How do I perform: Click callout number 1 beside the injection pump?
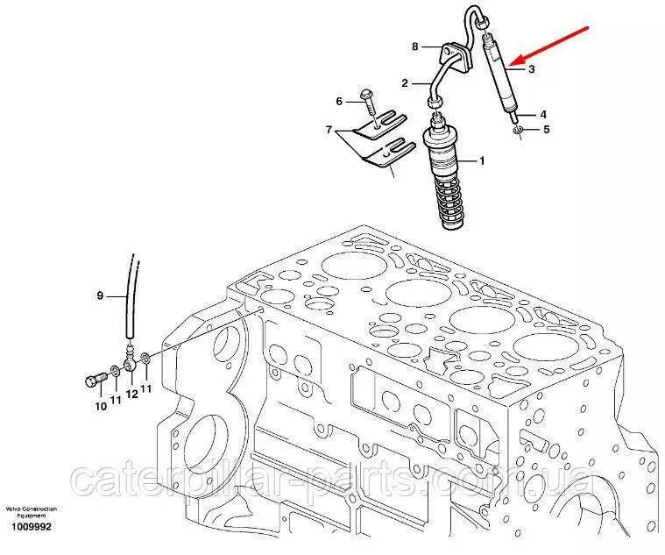tap(481, 160)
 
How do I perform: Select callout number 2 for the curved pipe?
tap(406, 83)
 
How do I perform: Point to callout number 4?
tap(543, 114)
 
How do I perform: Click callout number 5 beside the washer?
tap(546, 130)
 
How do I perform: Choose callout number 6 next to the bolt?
tap(338, 101)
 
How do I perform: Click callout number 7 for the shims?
tap(329, 131)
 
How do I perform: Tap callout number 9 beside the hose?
tap(100, 296)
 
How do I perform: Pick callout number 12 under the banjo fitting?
tap(131, 394)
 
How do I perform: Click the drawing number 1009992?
tap(30, 528)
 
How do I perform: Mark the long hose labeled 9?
tap(131, 298)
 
